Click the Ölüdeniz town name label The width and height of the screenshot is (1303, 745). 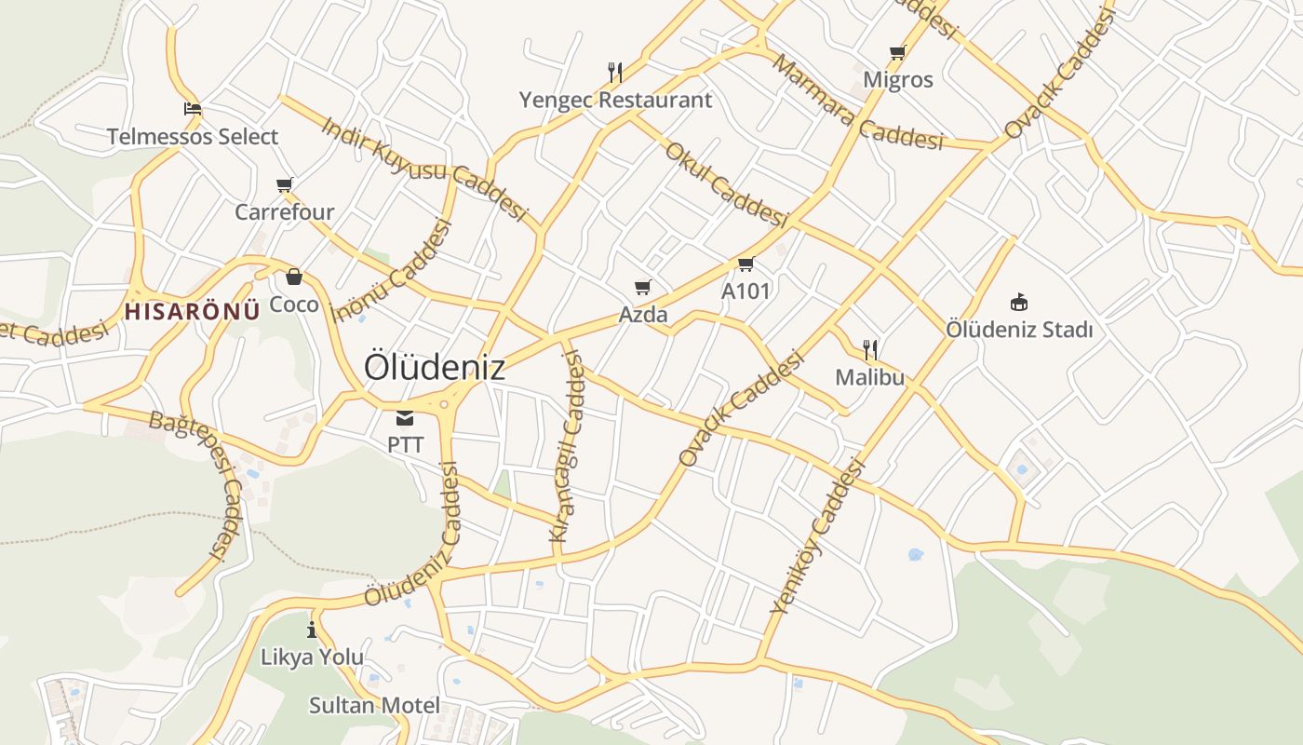point(435,367)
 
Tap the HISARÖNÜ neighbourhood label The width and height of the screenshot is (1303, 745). point(192,311)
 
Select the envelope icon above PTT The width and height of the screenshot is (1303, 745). point(405,418)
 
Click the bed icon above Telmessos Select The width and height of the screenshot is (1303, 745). point(193,109)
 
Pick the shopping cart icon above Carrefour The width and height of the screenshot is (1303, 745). point(284,184)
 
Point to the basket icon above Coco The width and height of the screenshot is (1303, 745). point(294,277)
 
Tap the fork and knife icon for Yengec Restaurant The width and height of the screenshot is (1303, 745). point(614,72)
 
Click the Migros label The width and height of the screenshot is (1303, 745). point(897,80)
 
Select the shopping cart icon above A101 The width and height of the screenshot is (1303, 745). point(746,264)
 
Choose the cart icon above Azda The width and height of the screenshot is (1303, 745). point(643,287)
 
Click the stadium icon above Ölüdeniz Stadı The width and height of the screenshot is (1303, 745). point(1019,302)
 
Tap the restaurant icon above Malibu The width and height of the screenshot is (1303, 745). point(870,350)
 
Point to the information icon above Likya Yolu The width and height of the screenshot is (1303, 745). point(312,630)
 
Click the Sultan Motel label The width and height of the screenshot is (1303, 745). point(374,705)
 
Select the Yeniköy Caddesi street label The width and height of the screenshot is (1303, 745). point(818,537)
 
